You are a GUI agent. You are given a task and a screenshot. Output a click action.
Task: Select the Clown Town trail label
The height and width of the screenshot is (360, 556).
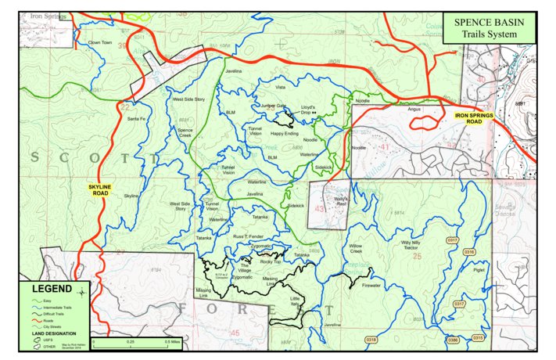100,42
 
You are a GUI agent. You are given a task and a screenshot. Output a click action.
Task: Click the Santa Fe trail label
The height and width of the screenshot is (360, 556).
136,118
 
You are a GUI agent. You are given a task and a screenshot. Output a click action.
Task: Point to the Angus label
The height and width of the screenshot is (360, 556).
414,110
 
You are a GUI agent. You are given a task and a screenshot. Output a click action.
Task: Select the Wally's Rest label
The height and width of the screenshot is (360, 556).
334,200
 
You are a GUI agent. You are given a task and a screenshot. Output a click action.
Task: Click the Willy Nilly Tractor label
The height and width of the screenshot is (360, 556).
417,245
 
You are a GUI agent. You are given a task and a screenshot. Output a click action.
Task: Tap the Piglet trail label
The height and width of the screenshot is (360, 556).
479,270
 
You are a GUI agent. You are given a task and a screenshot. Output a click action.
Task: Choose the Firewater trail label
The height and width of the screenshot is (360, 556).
371,286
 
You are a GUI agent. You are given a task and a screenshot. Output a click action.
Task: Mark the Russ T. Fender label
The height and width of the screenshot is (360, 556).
252,236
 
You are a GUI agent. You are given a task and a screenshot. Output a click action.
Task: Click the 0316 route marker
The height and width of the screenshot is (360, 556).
470,251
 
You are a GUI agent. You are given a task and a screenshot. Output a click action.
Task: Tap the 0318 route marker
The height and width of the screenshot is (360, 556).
371,339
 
